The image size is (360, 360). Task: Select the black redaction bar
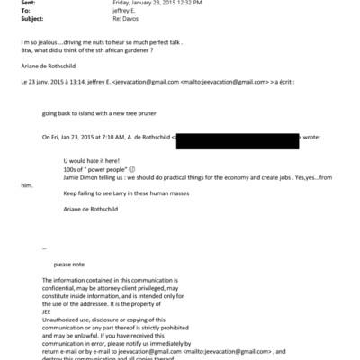(x=238, y=139)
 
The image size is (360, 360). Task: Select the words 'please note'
(x=69, y=265)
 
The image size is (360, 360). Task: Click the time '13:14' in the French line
(x=79, y=91)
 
